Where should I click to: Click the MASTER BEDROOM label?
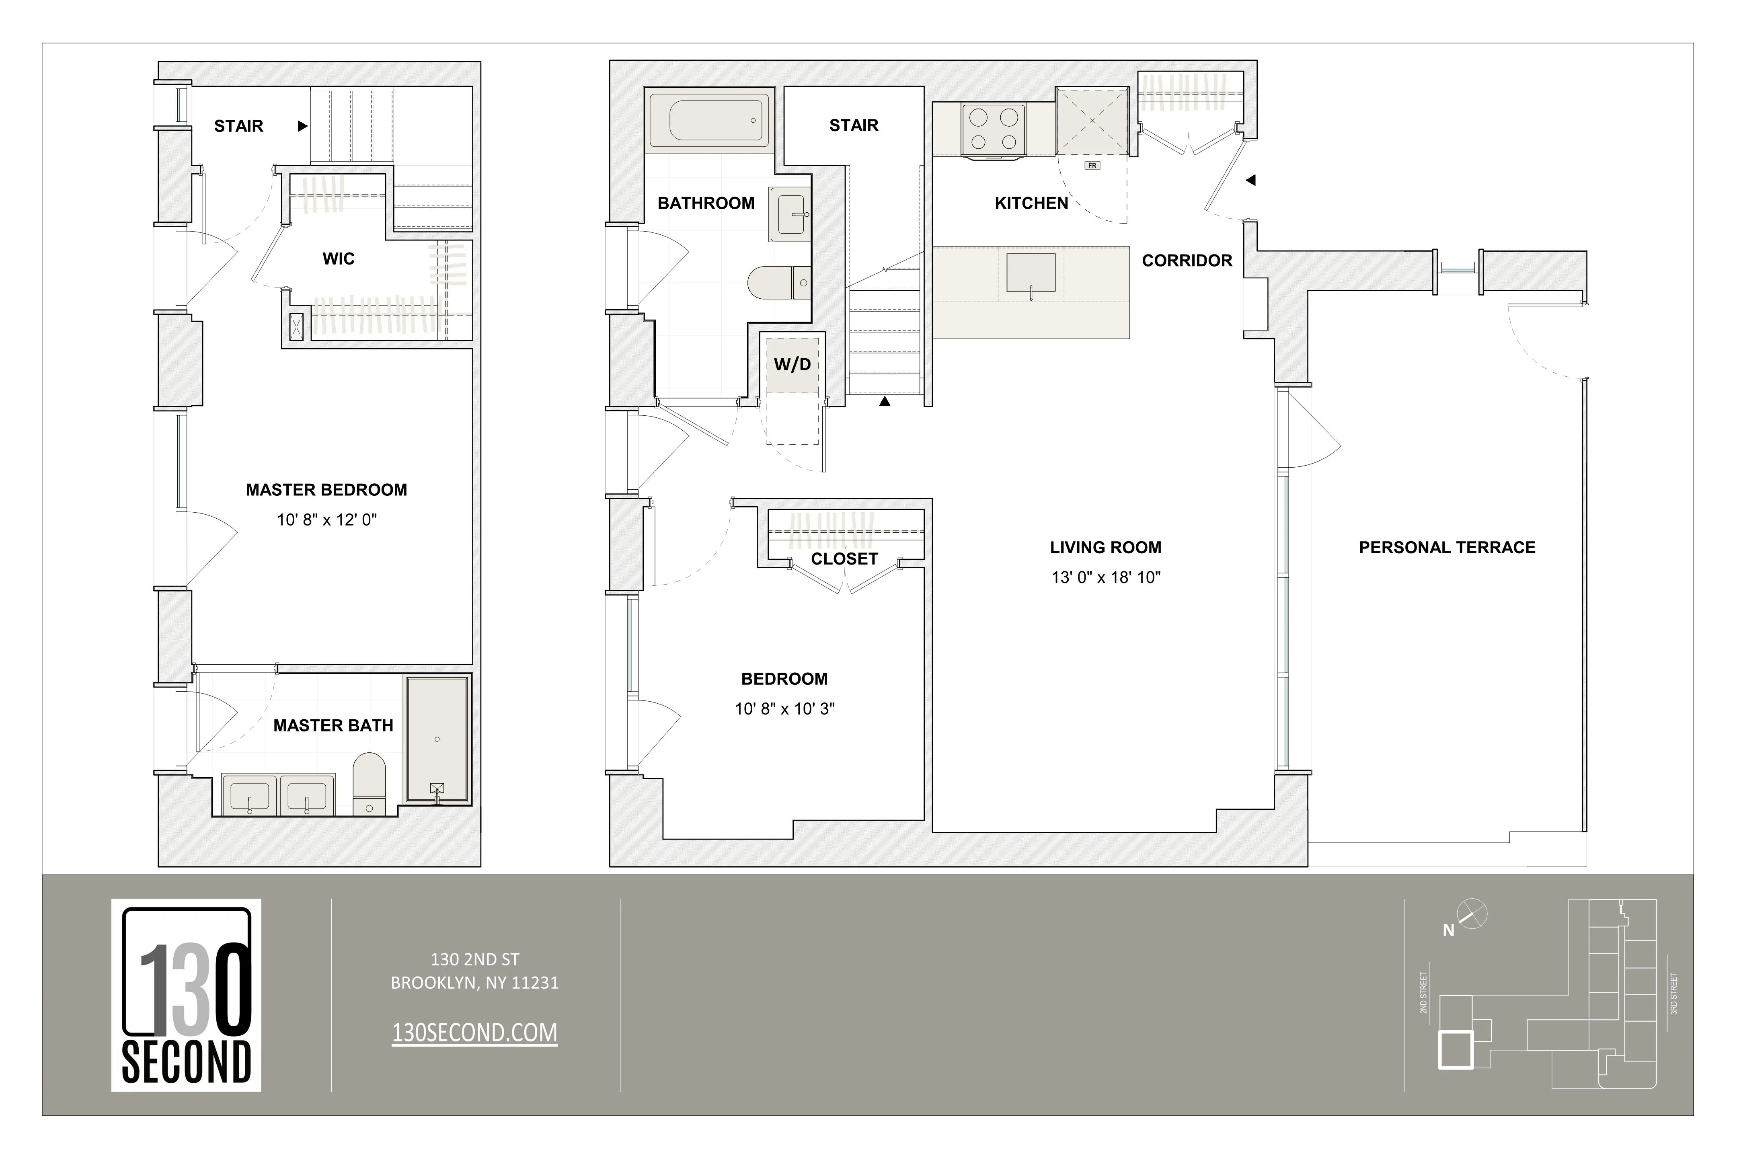pyautogui.click(x=326, y=490)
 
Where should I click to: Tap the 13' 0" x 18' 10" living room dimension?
pyautogui.click(x=1106, y=577)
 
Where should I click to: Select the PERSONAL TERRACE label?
pyautogui.click(x=1447, y=547)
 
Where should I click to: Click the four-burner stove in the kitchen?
pyautogui.click(x=993, y=130)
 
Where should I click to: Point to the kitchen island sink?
pyautogui.click(x=1031, y=273)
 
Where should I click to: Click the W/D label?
pyautogui.click(x=793, y=364)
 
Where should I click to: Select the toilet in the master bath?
pyautogui.click(x=369, y=783)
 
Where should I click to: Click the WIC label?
pyautogui.click(x=338, y=259)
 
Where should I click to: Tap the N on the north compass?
pyautogui.click(x=1448, y=931)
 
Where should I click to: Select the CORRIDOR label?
pyautogui.click(x=1187, y=261)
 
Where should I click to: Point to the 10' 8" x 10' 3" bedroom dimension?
pyautogui.click(x=784, y=709)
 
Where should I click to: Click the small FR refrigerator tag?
pyautogui.click(x=1092, y=165)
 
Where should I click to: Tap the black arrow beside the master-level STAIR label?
pyautogui.click(x=302, y=126)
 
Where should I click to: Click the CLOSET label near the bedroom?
pyautogui.click(x=844, y=559)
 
